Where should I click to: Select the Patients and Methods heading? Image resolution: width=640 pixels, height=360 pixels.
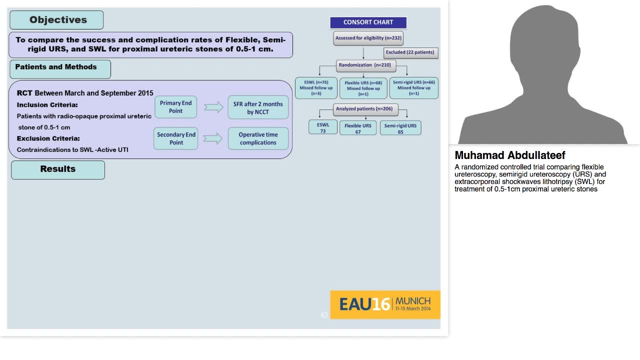coord(60,69)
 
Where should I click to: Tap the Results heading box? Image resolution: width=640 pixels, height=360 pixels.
coord(58,169)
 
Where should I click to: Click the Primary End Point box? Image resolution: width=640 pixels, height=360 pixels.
coord(175,107)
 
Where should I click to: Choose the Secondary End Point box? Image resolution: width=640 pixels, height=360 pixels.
coord(176,138)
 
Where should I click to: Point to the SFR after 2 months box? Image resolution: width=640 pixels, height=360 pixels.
coord(258,108)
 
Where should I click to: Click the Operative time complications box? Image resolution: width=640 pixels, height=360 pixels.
coord(258,138)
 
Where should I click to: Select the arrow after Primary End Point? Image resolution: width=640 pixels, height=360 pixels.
coord(213,107)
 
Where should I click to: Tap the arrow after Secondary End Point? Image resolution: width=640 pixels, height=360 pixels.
coord(213,138)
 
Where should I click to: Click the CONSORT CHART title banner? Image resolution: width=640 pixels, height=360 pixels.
coord(368,22)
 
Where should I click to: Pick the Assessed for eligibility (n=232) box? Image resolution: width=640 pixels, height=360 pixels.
coord(368,38)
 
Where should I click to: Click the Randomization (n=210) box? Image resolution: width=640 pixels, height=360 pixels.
coord(366,65)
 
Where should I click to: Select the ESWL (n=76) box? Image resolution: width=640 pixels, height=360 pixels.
coord(316,87)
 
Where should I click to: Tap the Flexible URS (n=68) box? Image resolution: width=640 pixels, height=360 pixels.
coord(363,88)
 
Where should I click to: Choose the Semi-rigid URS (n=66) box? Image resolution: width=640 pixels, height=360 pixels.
coord(413,87)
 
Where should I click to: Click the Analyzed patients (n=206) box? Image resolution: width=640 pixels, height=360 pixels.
coord(363,109)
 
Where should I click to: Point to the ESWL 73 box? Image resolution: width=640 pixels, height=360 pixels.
coord(323,127)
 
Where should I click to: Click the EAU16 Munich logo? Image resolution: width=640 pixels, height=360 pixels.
coord(385,304)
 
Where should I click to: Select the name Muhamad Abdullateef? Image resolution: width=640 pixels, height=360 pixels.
coord(510,155)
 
